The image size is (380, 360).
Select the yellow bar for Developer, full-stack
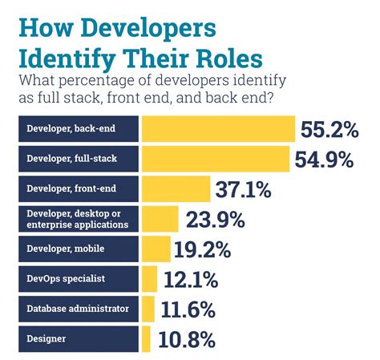click(x=215, y=159)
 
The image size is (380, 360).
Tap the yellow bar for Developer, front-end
click(x=175, y=189)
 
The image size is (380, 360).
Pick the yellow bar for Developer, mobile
click(x=156, y=249)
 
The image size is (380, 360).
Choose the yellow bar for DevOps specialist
click(x=149, y=279)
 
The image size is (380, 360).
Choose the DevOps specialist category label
click(x=65, y=279)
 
